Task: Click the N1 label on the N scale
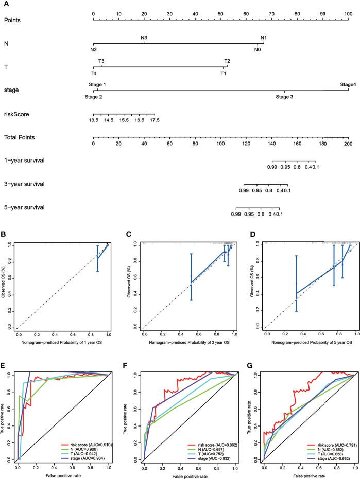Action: click(264, 38)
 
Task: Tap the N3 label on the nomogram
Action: click(144, 38)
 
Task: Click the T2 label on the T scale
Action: click(227, 61)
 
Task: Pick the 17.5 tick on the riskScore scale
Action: click(155, 120)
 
